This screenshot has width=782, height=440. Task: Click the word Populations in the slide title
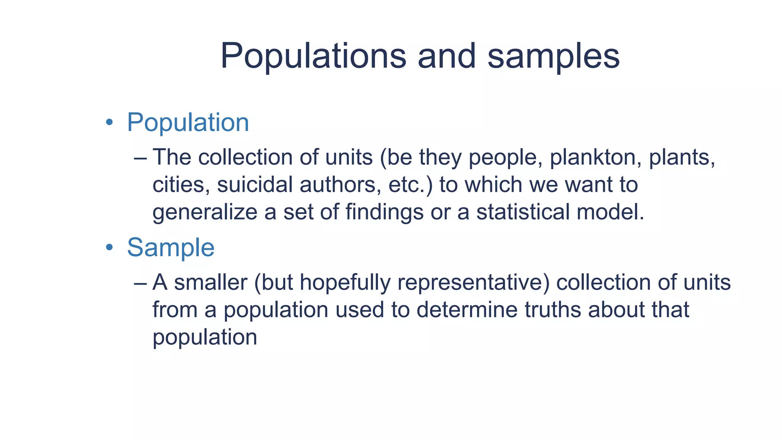[313, 56]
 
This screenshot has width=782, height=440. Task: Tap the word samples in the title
[553, 56]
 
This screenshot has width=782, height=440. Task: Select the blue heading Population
[188, 123]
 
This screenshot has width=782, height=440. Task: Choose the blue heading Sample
[171, 247]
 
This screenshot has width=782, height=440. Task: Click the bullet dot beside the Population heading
[110, 123]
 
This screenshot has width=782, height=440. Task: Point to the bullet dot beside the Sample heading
[110, 247]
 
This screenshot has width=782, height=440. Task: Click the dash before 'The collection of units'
[141, 158]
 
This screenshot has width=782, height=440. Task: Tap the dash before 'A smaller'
[141, 283]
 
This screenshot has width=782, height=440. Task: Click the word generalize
[205, 212]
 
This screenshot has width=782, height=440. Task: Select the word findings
[385, 212]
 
